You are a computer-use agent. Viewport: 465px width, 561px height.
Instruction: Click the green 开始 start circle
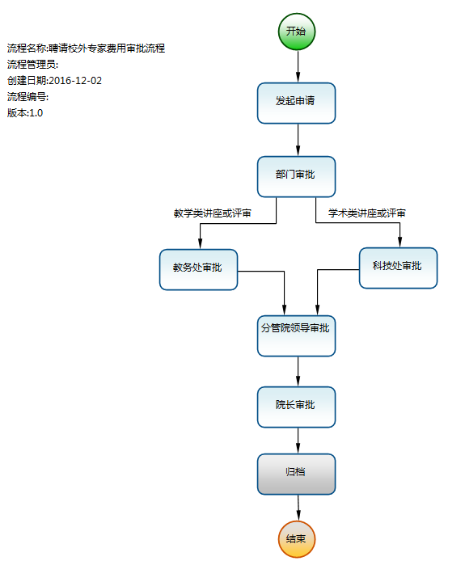point(297,32)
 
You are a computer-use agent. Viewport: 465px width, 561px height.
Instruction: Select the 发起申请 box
point(297,103)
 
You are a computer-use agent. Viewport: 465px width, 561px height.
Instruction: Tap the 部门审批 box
point(297,177)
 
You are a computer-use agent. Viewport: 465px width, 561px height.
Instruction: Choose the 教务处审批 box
point(198,269)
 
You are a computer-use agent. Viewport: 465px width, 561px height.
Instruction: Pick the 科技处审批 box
point(398,268)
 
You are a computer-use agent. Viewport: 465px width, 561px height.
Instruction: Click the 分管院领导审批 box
point(297,336)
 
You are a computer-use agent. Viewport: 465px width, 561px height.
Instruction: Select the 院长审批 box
point(297,407)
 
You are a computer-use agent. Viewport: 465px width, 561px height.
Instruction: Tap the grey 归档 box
point(297,475)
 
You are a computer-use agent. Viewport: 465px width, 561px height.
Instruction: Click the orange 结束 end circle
point(297,539)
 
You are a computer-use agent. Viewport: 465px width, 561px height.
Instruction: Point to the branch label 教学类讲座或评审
point(212,213)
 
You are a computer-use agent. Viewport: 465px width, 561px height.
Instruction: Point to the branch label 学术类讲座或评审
point(367,213)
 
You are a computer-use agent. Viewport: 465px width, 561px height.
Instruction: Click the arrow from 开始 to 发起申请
point(298,66)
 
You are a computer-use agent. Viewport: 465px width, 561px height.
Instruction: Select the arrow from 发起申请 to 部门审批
point(298,140)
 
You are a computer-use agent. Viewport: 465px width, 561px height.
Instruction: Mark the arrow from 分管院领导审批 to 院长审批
point(298,371)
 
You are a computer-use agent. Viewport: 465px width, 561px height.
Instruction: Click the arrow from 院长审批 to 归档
point(298,441)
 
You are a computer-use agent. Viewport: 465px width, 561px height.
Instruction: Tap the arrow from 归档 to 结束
point(298,508)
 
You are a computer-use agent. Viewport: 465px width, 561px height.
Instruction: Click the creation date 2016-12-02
point(75,81)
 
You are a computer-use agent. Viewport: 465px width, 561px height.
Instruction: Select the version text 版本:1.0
point(25,112)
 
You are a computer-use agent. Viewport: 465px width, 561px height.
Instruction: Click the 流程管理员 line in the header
point(32,65)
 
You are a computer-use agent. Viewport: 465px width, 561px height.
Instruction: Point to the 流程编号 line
point(28,97)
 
